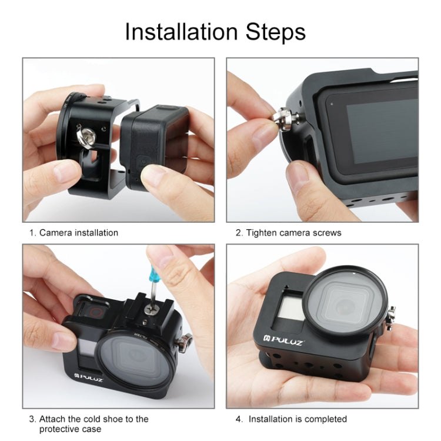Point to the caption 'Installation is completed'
[298, 419]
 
